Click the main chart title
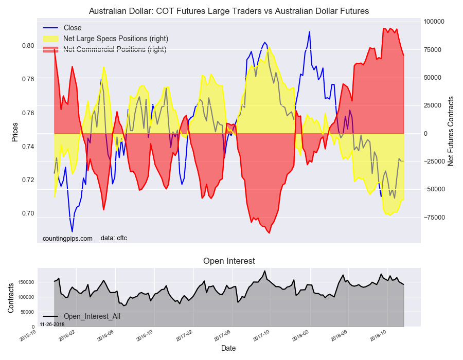(x=229, y=11)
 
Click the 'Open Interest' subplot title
(x=229, y=261)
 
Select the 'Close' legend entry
(x=72, y=28)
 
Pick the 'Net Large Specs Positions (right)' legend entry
(x=115, y=39)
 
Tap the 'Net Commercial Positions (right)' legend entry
(x=114, y=49)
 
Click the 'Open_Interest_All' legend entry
(x=92, y=316)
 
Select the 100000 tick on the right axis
(x=434, y=22)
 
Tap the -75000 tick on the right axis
(x=434, y=218)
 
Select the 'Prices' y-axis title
(x=15, y=132)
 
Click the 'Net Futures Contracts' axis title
(x=451, y=131)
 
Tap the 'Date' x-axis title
(x=228, y=348)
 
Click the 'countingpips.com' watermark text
(x=67, y=238)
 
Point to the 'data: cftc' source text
(x=114, y=238)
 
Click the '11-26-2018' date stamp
(x=52, y=325)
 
